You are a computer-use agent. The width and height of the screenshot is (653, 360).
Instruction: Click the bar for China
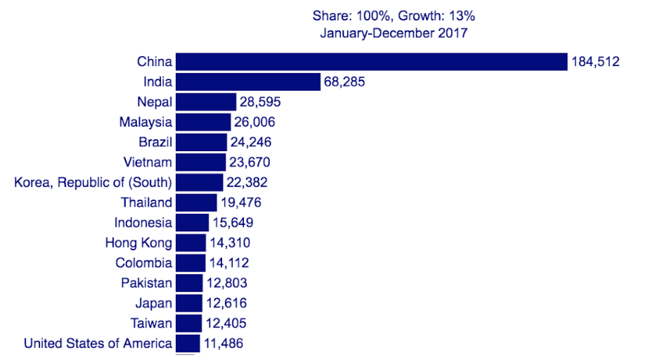pos(371,62)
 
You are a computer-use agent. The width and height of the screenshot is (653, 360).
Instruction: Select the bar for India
pos(248,82)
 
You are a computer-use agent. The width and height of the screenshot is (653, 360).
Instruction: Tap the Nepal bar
pos(206,102)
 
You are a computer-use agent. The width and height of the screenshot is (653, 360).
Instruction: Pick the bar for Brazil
pos(201,142)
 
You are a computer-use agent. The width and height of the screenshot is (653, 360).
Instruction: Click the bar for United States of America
pos(188,344)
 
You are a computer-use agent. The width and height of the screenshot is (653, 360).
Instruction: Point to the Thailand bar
pos(196,202)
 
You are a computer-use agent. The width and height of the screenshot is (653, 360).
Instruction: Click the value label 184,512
pos(595,62)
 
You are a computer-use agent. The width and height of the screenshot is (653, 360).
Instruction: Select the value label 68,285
pos(344,82)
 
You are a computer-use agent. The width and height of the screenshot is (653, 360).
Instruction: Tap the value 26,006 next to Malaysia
pos(254,122)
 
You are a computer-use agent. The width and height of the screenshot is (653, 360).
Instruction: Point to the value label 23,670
pos(249,162)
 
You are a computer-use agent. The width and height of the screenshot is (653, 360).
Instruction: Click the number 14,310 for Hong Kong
pos(230,243)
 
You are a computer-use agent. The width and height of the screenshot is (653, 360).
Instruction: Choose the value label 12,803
pos(226,283)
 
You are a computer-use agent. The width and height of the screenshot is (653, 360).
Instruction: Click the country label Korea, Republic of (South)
pos(93,183)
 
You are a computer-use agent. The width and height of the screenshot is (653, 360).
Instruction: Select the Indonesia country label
pos(143,223)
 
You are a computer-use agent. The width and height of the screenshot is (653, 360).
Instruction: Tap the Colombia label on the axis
pos(144,263)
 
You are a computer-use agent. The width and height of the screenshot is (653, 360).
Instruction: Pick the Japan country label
pos(153,304)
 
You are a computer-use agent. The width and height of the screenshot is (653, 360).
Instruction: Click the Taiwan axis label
pos(151,323)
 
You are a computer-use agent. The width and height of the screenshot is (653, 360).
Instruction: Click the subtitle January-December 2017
pos(394,32)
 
